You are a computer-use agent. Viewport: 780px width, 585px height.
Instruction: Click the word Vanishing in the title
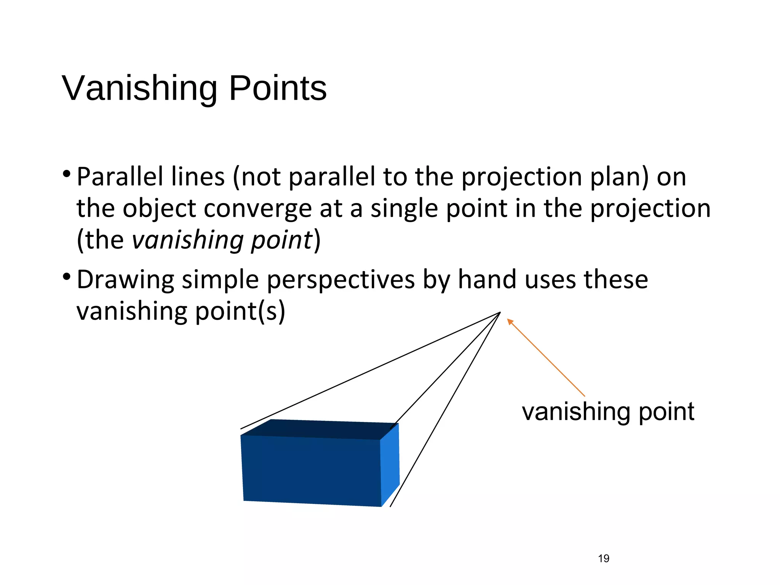coord(139,88)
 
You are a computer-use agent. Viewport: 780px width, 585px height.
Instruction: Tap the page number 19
coord(604,558)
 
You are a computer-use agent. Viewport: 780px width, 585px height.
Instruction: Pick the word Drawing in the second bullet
coord(125,280)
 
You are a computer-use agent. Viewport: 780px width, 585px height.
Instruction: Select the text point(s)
coord(240,312)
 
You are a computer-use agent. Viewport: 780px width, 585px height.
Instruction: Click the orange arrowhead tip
coord(508,320)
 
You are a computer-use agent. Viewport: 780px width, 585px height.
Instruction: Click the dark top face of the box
coord(320,429)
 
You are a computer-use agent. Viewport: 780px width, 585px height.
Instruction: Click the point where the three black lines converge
coord(500,313)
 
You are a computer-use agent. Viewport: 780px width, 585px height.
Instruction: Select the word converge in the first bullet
coord(258,209)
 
